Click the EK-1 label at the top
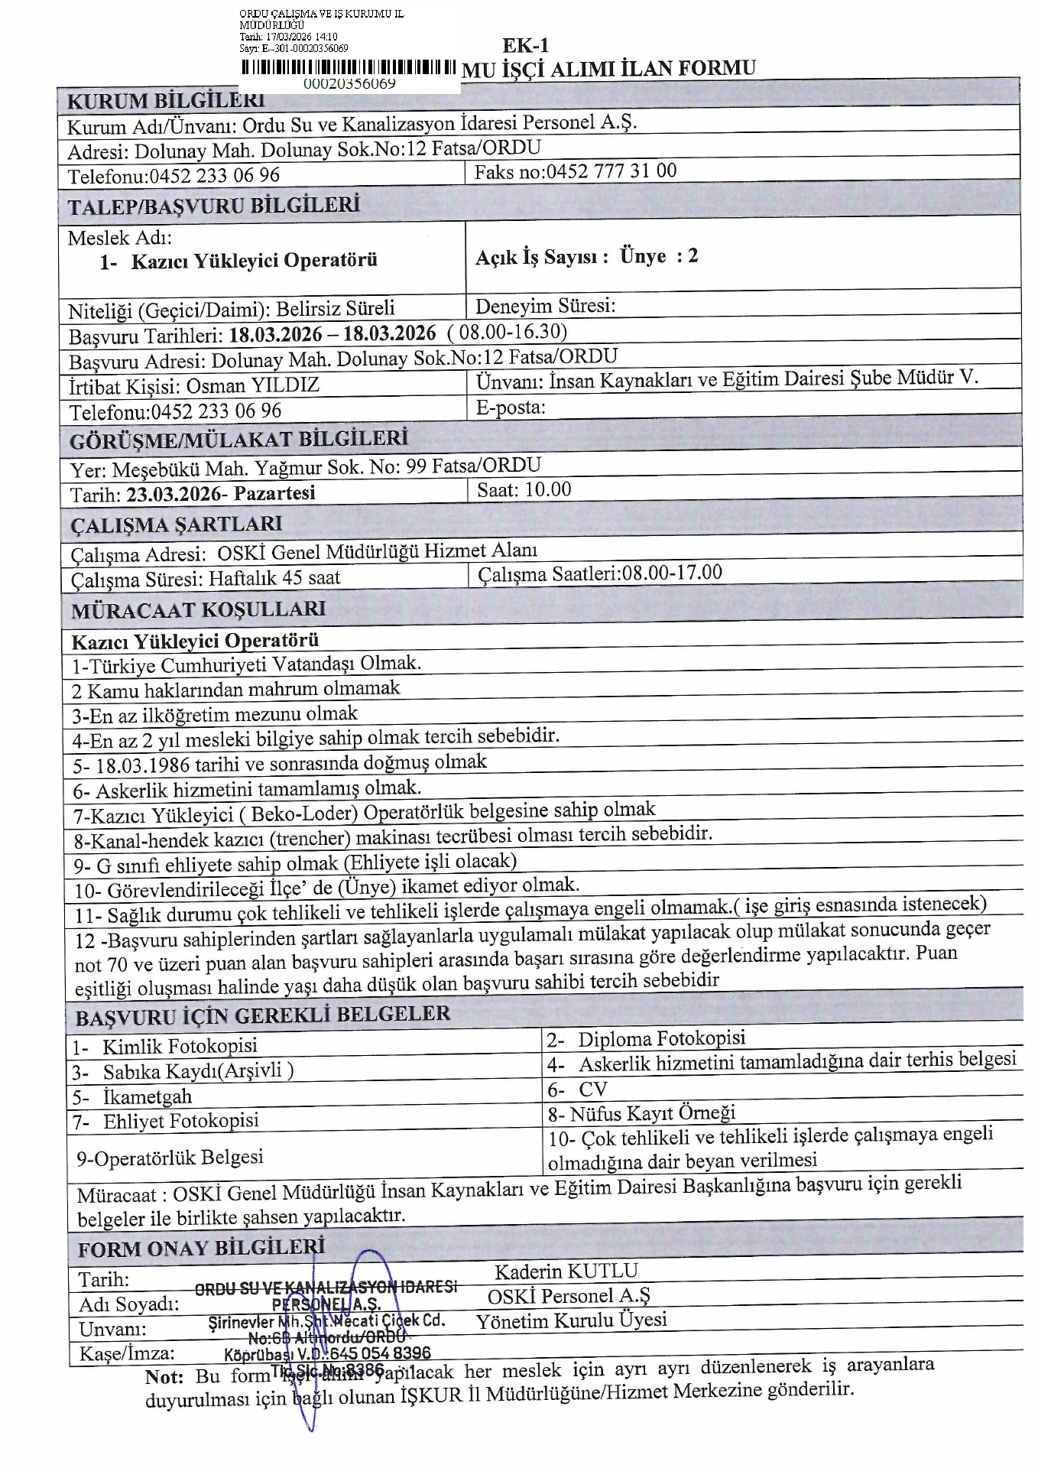(x=526, y=45)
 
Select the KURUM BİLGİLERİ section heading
(x=166, y=100)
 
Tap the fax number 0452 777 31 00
(x=610, y=171)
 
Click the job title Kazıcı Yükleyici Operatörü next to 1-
(x=254, y=261)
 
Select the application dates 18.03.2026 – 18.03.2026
(x=332, y=334)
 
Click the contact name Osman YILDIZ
(x=252, y=385)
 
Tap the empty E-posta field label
(x=511, y=407)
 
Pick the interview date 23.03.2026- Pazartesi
(x=221, y=494)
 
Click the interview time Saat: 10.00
(x=524, y=489)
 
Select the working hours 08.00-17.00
(x=672, y=573)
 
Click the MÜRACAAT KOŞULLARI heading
(x=199, y=610)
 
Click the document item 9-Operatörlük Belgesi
(x=170, y=1158)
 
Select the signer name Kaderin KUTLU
(x=566, y=1272)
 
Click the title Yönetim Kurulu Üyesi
(x=571, y=1320)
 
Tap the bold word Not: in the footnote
(x=164, y=1377)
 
